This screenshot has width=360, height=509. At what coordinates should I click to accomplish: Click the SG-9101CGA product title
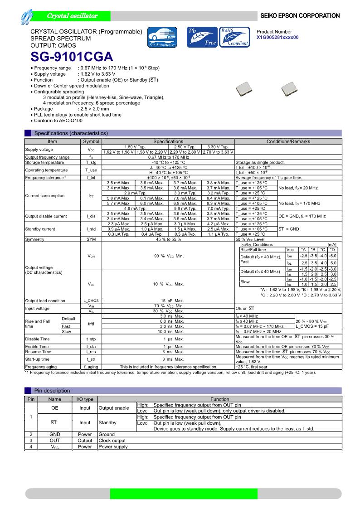click(72, 57)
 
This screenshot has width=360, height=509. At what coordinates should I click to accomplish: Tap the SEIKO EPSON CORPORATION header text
click(300, 16)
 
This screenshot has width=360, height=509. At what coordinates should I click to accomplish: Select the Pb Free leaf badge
click(202, 37)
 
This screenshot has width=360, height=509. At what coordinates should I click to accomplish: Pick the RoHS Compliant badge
click(234, 37)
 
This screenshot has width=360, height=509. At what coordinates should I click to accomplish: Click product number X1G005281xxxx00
click(277, 38)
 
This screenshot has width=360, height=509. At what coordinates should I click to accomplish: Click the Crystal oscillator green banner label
click(72, 16)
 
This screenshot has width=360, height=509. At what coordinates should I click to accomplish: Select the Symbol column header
click(91, 141)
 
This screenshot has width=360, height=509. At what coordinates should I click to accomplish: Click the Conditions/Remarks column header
click(288, 141)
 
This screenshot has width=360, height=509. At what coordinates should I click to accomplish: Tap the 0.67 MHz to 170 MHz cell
click(168, 157)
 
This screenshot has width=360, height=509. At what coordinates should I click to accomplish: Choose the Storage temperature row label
click(44, 162)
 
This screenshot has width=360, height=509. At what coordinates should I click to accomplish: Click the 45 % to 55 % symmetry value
click(168, 239)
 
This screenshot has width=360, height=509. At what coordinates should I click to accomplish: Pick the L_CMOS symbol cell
click(91, 301)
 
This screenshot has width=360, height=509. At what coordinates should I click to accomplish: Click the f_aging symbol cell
click(91, 367)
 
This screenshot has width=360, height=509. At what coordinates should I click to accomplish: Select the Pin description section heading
click(52, 390)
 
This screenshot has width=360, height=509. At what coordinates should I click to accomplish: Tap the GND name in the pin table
click(54, 434)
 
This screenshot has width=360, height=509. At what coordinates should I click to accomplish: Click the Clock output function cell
click(112, 441)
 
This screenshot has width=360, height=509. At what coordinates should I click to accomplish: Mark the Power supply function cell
click(113, 447)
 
